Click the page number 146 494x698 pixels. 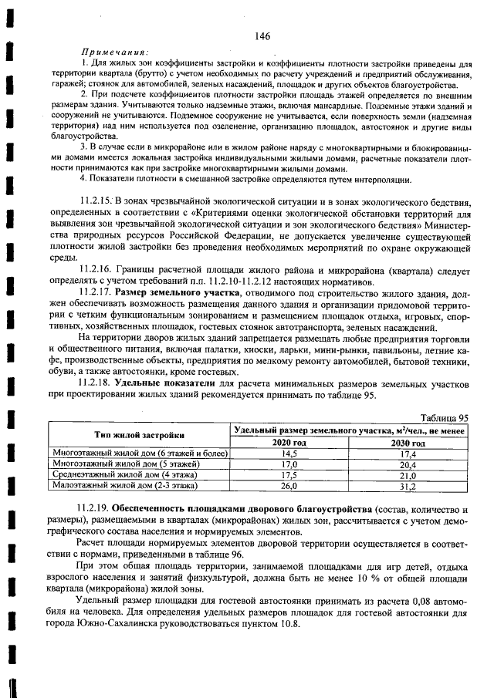coord(260,36)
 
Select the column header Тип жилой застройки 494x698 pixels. coord(140,435)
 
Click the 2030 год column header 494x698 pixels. coord(408,443)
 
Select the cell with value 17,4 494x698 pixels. coord(408,454)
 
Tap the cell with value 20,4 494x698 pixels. coord(408,464)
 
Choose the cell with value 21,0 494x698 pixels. coord(408,475)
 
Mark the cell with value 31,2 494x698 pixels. coord(408,487)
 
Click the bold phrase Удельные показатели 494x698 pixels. coord(164,383)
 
